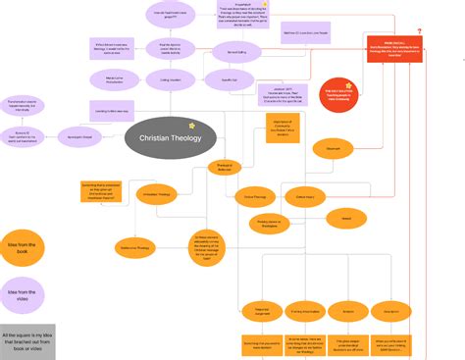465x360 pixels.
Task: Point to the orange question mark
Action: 419,32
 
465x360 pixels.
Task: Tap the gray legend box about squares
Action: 27,341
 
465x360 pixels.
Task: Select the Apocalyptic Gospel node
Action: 77,137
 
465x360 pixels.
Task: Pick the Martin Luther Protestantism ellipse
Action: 115,79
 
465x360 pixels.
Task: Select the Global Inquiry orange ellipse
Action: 305,197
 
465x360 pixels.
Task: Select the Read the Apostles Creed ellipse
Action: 170,46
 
